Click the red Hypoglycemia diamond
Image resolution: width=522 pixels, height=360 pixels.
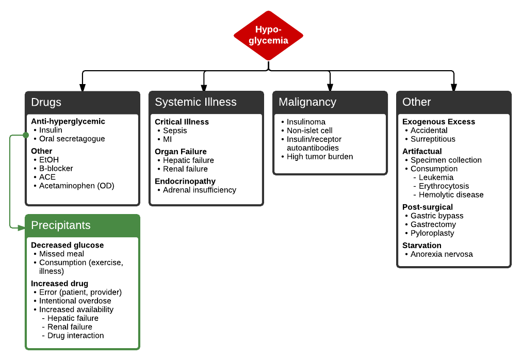pos(268,36)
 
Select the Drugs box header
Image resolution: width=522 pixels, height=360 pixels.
pos(83,102)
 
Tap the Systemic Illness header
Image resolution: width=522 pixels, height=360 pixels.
pos(206,102)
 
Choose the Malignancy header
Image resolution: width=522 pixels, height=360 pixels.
pos(330,102)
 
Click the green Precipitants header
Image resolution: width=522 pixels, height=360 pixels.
pos(83,225)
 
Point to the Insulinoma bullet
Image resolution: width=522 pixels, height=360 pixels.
pos(306,122)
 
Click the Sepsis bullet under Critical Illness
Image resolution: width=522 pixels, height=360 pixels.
pos(175,130)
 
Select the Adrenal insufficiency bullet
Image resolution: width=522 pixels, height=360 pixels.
pos(199,190)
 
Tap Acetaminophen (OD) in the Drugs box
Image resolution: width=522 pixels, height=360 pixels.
pos(76,186)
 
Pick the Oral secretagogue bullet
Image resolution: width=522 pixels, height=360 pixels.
pos(72,139)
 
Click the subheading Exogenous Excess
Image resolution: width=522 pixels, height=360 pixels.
pos(438,122)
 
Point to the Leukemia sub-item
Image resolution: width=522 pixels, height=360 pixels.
pos(436,177)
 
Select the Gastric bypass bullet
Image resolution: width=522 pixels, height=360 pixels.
pos(437,216)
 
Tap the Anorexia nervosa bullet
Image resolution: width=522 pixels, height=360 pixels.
pos(442,254)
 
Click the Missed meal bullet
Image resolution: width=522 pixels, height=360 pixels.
pos(61,254)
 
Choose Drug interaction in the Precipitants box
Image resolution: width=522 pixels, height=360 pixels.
pos(75,335)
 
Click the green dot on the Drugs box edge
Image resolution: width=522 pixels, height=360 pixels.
pos(26,135)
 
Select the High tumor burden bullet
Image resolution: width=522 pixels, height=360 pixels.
pos(320,156)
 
